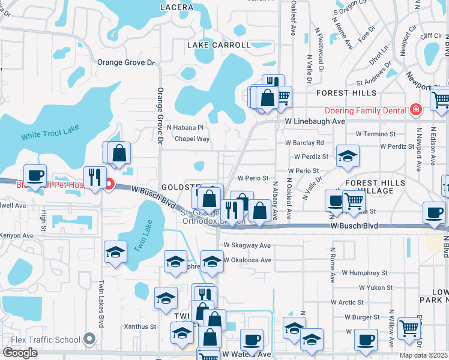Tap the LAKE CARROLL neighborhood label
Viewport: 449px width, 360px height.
point(218,45)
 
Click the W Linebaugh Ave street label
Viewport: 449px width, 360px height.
point(315,121)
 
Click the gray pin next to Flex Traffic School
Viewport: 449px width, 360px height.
point(90,340)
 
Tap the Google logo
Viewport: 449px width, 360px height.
point(20,353)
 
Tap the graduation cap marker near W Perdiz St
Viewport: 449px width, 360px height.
point(347,157)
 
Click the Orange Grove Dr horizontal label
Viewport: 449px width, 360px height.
point(126,62)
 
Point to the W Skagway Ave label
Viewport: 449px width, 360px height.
point(247,245)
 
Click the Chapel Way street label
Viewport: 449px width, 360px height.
point(192,139)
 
